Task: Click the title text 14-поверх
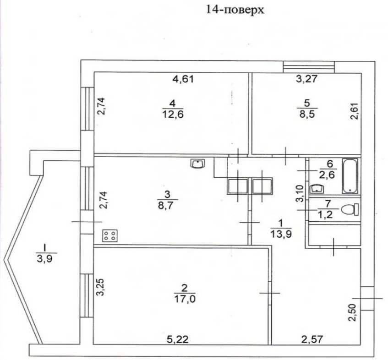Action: click(235, 10)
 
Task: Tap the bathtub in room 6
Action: click(350, 176)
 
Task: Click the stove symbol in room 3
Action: click(110, 236)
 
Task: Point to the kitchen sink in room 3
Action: click(198, 164)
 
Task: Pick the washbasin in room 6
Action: click(317, 189)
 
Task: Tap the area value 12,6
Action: click(173, 115)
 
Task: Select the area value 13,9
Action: click(281, 234)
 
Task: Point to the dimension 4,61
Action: click(183, 79)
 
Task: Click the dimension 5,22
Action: click(178, 339)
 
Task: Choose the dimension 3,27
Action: click(307, 79)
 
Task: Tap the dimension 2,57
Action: click(312, 339)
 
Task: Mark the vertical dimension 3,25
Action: click(101, 287)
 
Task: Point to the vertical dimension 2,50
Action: click(352, 312)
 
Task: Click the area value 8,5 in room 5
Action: click(307, 115)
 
